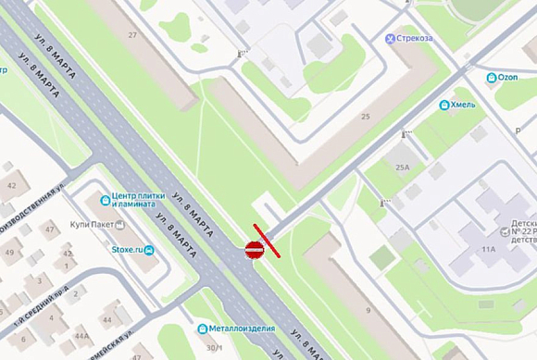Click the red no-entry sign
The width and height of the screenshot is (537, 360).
255,249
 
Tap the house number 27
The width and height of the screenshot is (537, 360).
132,35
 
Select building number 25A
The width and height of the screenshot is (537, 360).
402,168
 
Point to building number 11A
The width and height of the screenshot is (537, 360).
488,249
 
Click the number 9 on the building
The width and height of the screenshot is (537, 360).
368,310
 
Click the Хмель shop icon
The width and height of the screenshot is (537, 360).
444,105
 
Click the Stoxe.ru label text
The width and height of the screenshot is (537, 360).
127,250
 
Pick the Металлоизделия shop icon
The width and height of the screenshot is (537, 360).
202,329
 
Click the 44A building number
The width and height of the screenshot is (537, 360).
82,335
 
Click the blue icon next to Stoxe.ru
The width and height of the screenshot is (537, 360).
149,250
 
